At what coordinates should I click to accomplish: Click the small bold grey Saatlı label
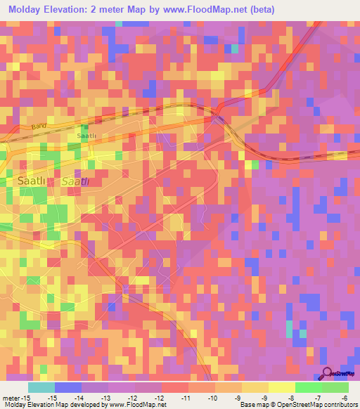coord(86,136)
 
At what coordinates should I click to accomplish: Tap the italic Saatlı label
coord(75,182)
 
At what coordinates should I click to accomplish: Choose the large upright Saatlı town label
coord(30,181)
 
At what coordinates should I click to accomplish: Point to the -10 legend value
coord(216,397)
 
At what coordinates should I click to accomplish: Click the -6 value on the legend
coord(345,397)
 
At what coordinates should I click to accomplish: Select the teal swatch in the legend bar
coord(41,387)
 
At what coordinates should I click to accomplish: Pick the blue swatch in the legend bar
coord(68,387)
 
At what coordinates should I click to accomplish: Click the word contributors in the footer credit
coord(339,405)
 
